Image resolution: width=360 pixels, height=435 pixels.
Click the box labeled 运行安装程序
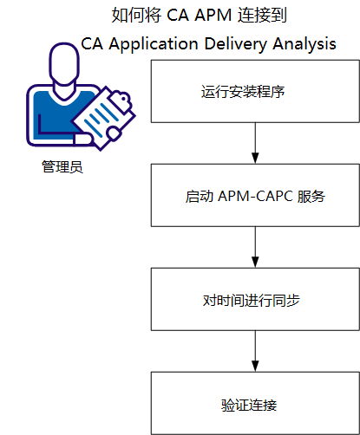[254, 91]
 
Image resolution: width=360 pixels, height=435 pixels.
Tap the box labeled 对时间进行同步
[254, 301]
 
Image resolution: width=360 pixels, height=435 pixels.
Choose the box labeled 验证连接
[254, 404]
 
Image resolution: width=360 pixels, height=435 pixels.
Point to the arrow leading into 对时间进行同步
[254, 248]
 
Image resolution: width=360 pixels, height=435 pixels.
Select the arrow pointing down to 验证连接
[254, 353]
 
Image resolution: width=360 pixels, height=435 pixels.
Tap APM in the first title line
[198, 16]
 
